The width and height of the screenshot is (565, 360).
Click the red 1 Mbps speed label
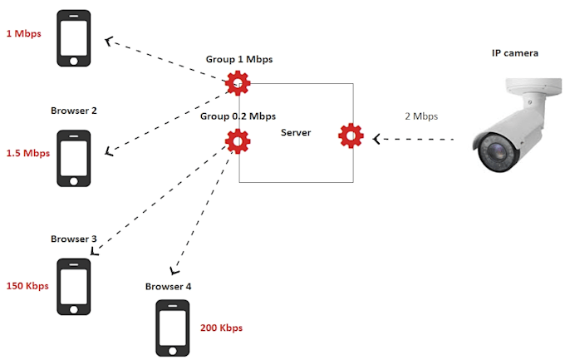pos(23,34)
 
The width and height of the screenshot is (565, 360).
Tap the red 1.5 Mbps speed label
pos(28,153)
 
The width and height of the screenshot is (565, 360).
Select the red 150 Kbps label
pos(27,285)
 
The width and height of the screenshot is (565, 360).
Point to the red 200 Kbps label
pos(221,328)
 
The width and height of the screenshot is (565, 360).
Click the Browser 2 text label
pos(74,111)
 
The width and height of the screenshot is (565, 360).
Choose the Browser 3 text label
pos(74,239)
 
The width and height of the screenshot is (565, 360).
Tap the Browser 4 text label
pos(168,286)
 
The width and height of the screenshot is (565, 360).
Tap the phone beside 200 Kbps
pos(173,328)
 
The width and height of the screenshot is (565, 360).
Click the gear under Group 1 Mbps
pos(238,82)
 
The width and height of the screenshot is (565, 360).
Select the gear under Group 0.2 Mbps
pos(238,141)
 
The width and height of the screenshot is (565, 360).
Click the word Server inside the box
pos(296,132)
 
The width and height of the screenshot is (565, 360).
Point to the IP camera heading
pos(514,53)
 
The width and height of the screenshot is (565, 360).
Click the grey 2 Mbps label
pos(421,116)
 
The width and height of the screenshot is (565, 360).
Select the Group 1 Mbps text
pos(239,60)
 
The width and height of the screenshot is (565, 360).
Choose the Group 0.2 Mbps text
pos(238,116)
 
